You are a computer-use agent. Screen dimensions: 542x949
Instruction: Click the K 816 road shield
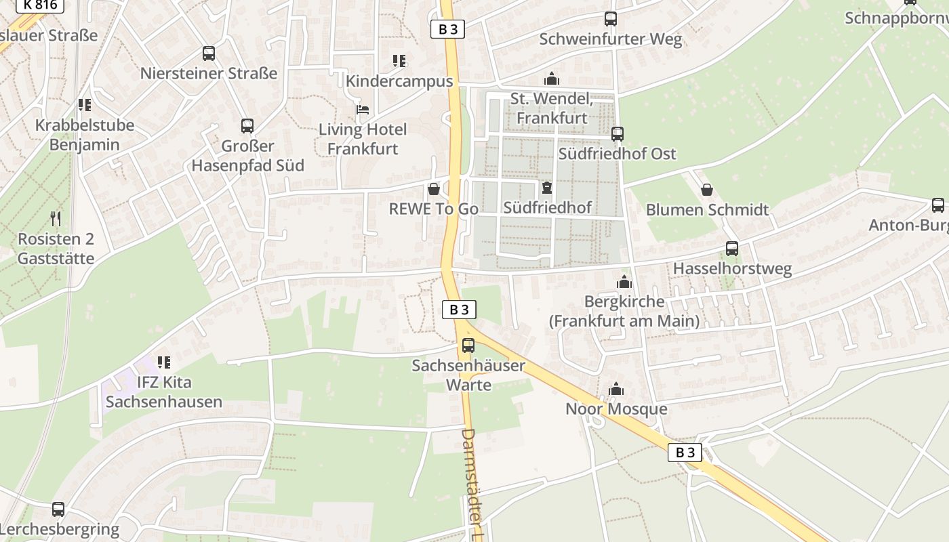pyautogui.click(x=40, y=5)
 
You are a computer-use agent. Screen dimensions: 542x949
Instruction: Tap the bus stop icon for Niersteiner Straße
pyautogui.click(x=209, y=54)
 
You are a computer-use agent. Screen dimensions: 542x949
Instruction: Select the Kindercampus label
pyautogui.click(x=399, y=81)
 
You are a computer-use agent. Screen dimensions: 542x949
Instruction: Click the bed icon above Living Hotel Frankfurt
pyautogui.click(x=363, y=109)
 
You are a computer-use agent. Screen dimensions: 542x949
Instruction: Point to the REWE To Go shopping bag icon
pyautogui.click(x=434, y=189)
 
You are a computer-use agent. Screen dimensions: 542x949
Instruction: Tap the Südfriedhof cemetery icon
pyautogui.click(x=547, y=188)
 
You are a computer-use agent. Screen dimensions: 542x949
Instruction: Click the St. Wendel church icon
pyautogui.click(x=552, y=79)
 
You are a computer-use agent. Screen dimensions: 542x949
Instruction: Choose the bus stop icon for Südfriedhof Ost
pyautogui.click(x=617, y=134)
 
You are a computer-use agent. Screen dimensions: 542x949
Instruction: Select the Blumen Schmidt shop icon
pyautogui.click(x=707, y=190)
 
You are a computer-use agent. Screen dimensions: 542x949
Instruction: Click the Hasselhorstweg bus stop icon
pyautogui.click(x=732, y=249)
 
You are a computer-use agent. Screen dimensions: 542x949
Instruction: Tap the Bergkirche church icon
pyautogui.click(x=624, y=282)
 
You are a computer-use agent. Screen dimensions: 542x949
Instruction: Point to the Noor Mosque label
pyautogui.click(x=616, y=409)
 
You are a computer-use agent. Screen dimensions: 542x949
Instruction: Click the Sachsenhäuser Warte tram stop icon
pyautogui.click(x=468, y=346)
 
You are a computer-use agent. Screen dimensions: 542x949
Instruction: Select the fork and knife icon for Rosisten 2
pyautogui.click(x=56, y=219)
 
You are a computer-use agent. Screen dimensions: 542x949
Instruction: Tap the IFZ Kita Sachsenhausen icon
pyautogui.click(x=163, y=362)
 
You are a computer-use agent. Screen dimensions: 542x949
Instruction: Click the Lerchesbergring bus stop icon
pyautogui.click(x=58, y=509)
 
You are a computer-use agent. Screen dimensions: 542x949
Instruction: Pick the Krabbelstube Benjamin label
pyautogui.click(x=85, y=135)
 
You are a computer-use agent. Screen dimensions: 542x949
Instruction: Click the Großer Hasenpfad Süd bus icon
pyautogui.click(x=247, y=126)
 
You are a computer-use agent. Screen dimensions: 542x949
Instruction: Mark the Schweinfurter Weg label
pyautogui.click(x=610, y=39)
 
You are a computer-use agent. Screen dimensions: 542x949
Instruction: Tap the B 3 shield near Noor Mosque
pyautogui.click(x=685, y=453)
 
